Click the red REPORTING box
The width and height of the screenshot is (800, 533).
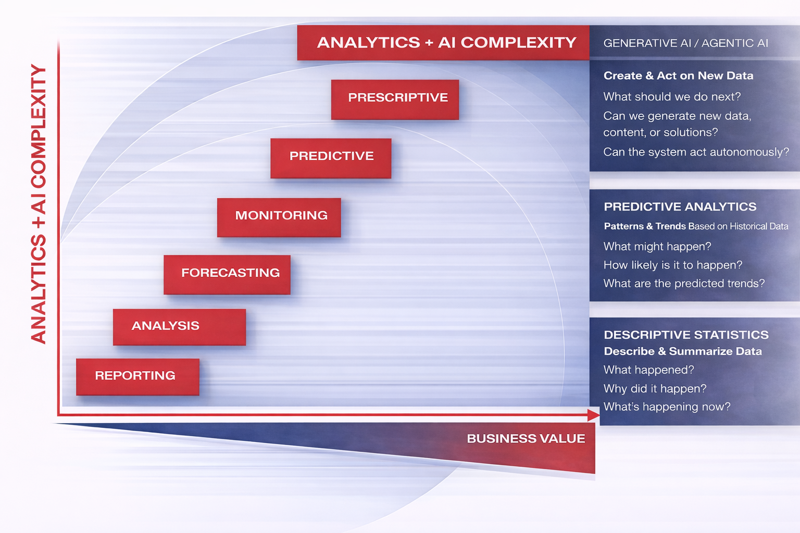[137, 376]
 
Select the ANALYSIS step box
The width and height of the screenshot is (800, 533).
[179, 327]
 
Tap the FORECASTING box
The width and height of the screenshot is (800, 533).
[227, 274]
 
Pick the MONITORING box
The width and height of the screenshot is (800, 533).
[279, 217]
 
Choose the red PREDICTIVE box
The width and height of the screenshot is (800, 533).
[331, 158]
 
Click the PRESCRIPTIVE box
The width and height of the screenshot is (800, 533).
[395, 99]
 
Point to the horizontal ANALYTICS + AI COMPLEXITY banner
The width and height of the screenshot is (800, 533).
[443, 43]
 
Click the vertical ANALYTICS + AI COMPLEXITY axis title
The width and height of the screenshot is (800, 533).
[39, 204]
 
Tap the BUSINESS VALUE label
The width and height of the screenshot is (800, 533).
[526, 439]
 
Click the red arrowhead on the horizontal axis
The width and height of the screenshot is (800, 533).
[593, 415]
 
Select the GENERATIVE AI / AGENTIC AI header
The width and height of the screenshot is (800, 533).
[685, 43]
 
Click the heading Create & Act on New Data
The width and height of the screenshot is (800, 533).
[678, 76]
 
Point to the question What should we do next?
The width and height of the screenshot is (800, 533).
[672, 97]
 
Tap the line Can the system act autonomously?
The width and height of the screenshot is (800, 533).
[696, 152]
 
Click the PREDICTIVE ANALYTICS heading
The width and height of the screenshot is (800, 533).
[680, 207]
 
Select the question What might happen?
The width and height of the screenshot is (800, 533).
[657, 246]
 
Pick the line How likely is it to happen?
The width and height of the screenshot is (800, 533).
[672, 265]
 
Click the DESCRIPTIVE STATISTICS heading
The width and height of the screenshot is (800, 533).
[686, 335]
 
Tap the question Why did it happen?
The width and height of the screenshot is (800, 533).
[655, 389]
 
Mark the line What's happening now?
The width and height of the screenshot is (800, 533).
[667, 407]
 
